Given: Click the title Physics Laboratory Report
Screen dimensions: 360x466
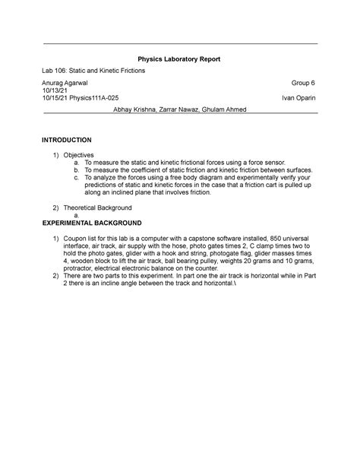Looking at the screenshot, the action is [179, 58].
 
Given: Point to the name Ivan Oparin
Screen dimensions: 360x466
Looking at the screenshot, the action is [299, 98].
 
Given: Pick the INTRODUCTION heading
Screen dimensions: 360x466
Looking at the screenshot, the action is [67, 141].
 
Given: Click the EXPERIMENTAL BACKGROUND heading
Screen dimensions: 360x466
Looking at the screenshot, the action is [92, 224].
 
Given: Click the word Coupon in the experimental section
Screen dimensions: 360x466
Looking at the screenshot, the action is [77, 239].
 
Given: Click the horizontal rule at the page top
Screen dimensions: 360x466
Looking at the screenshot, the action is [179, 44].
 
